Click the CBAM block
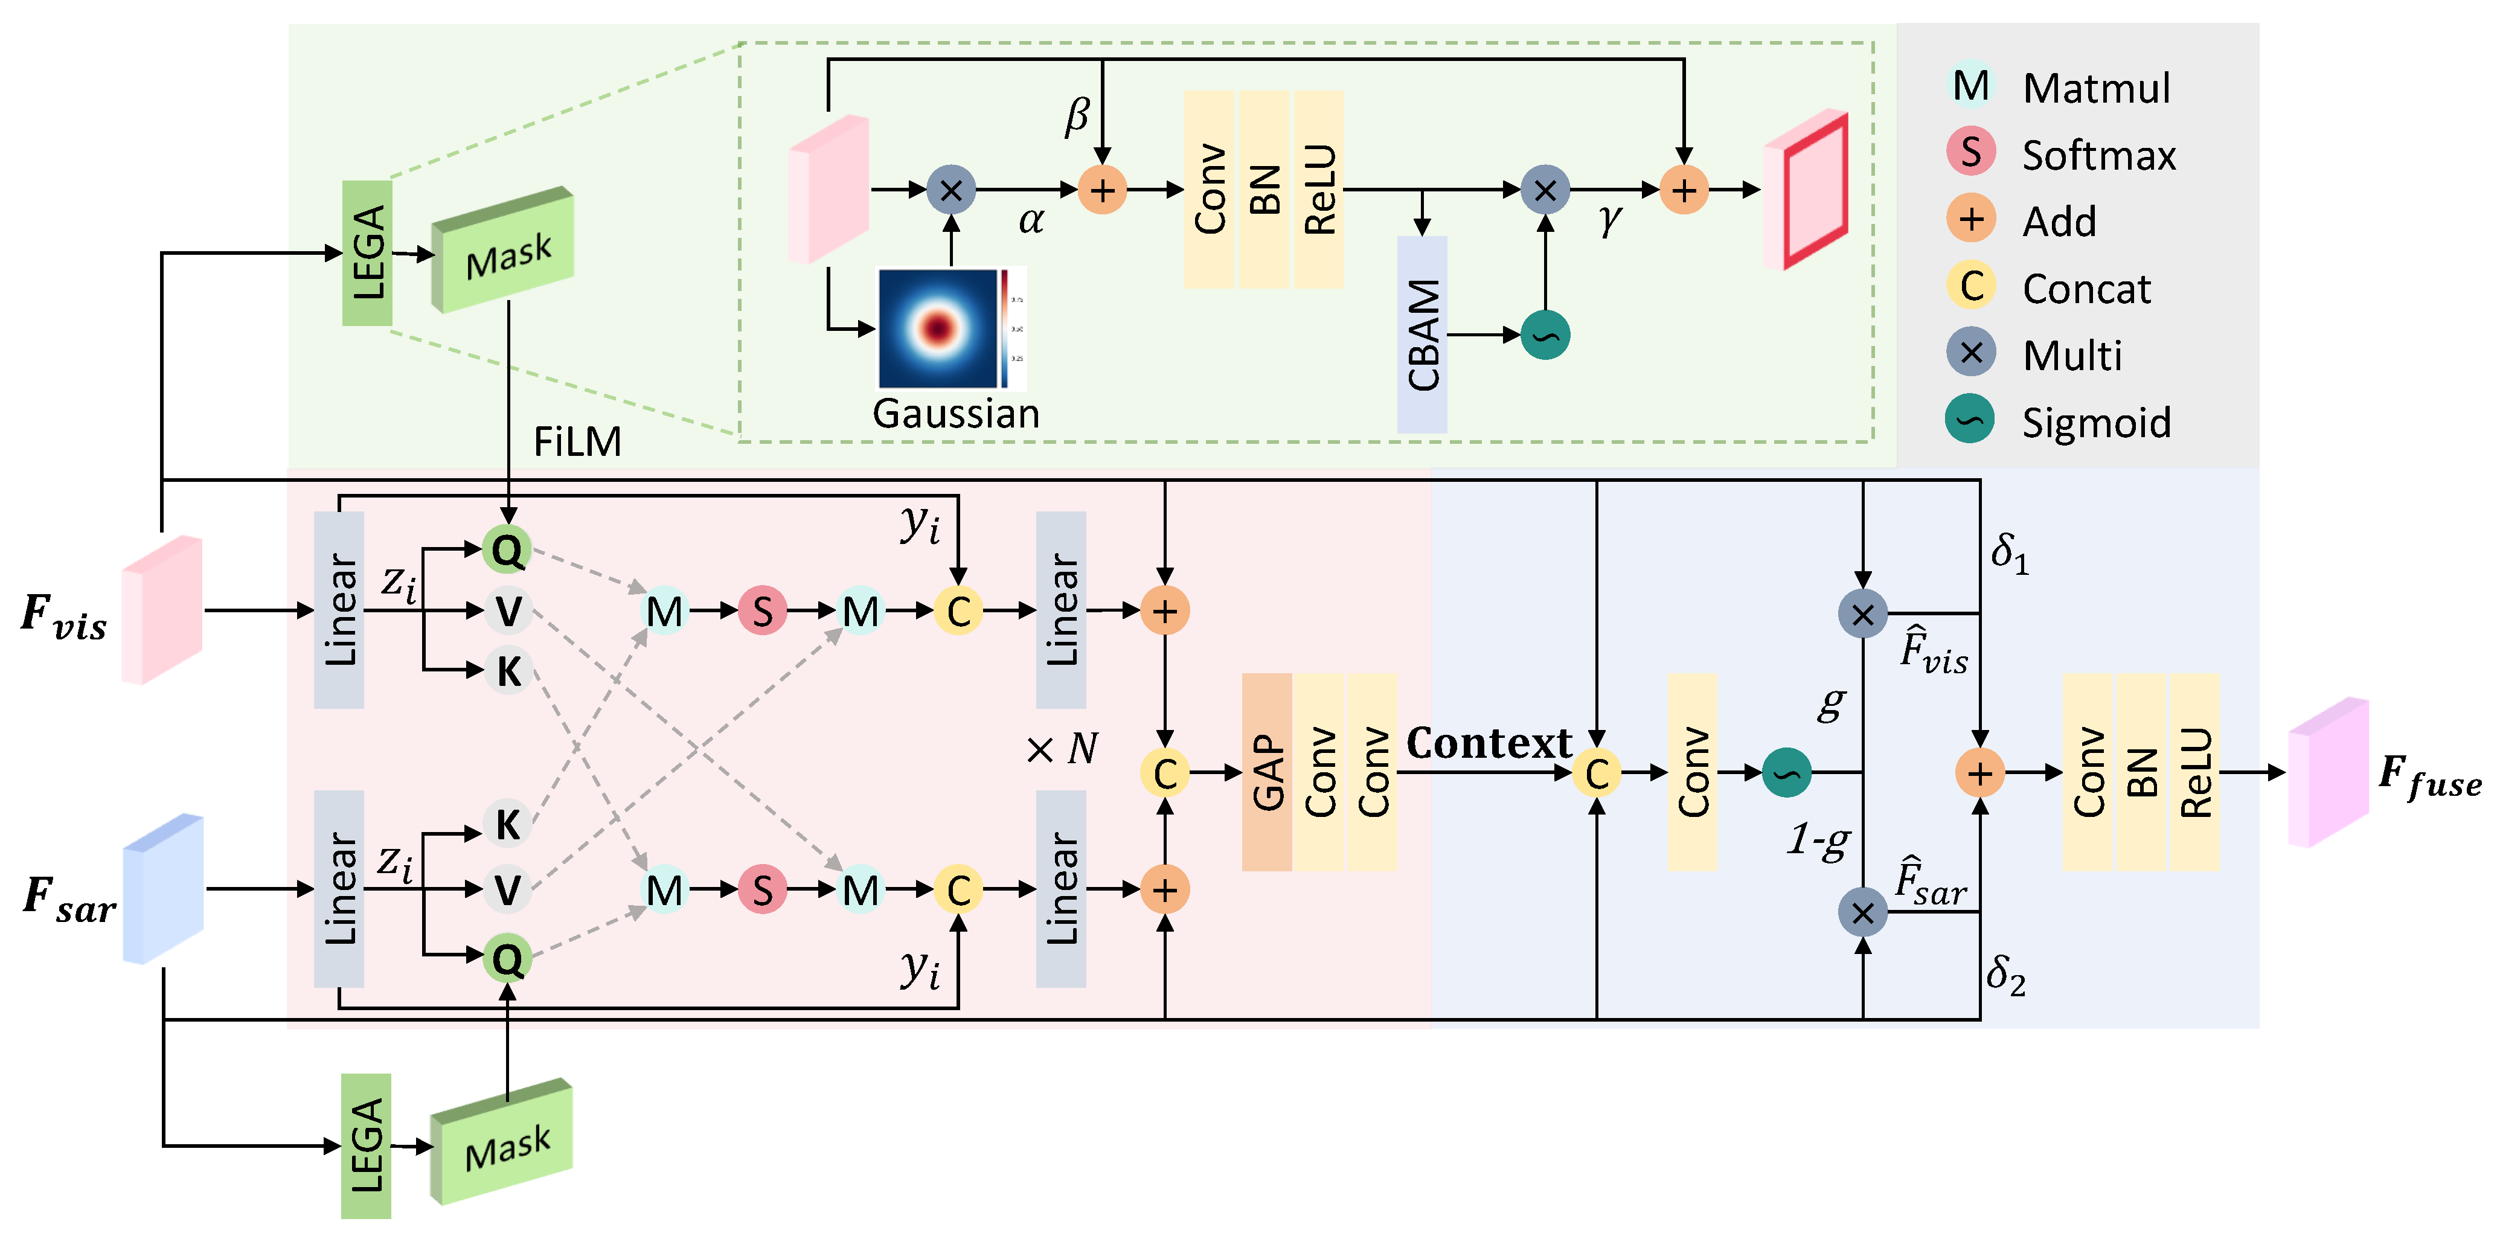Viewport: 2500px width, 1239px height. coord(1421,335)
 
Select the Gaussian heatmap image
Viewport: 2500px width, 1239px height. coord(938,328)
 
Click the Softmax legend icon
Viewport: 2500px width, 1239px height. coord(1970,152)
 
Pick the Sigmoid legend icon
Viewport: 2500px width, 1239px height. coord(1970,420)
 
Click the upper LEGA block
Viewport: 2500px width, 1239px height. coord(368,253)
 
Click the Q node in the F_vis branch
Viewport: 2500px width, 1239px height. coord(508,550)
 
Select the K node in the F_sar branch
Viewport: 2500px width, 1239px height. coord(508,825)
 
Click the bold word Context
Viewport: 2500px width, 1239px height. coord(1489,743)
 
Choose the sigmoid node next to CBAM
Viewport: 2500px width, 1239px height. coord(1545,335)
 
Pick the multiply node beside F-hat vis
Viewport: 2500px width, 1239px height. coord(1862,614)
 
